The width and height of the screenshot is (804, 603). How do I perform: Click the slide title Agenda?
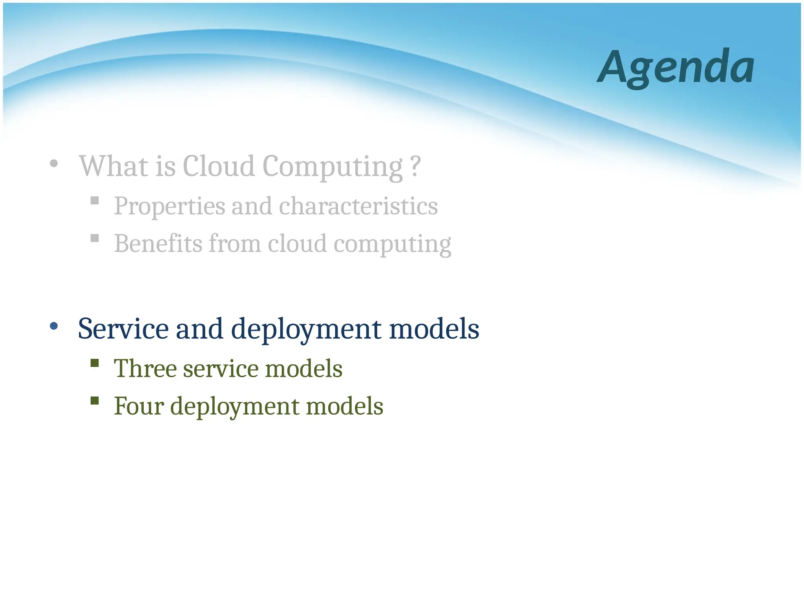[x=675, y=68]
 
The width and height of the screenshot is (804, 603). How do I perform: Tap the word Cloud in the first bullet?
[x=219, y=166]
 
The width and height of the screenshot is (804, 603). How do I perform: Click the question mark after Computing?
[x=415, y=166]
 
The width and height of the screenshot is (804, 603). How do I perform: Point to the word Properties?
[x=170, y=206]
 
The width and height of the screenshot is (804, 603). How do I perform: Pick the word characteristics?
[x=358, y=206]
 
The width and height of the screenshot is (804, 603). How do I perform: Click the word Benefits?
[x=158, y=243]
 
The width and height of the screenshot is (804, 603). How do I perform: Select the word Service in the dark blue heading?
[x=123, y=329]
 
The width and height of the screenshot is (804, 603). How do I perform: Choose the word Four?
[x=139, y=406]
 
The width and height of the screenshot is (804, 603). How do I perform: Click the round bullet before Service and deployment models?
[x=54, y=326]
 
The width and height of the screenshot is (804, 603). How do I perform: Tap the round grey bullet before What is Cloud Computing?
[x=54, y=163]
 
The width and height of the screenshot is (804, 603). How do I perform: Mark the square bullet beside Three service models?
[x=95, y=363]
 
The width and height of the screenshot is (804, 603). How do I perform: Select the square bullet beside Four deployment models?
[x=95, y=400]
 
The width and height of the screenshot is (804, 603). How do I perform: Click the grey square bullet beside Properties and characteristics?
[x=95, y=201]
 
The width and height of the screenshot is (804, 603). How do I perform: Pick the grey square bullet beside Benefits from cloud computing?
[x=95, y=238]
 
